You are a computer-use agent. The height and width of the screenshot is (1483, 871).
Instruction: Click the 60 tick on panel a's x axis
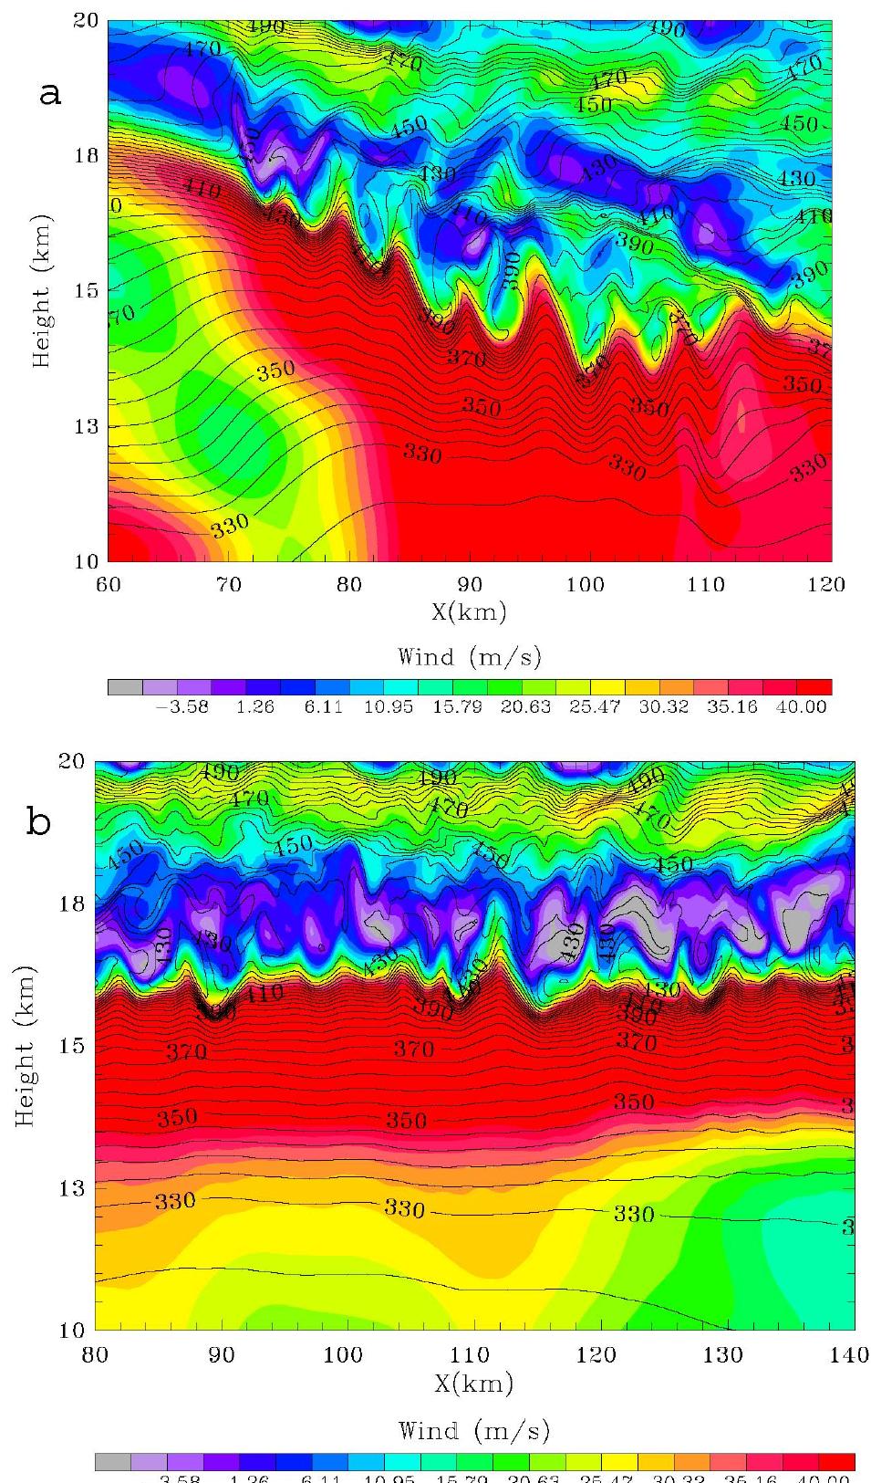tap(108, 584)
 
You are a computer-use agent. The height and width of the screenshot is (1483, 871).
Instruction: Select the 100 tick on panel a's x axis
tap(586, 584)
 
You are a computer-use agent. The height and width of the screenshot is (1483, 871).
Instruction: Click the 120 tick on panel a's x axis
tap(827, 584)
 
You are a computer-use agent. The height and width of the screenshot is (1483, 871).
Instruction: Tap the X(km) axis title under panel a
tap(469, 611)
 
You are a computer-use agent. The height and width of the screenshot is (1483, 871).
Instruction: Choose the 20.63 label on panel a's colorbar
tap(523, 707)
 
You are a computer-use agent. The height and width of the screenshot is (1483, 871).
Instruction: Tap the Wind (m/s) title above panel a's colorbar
tap(469, 656)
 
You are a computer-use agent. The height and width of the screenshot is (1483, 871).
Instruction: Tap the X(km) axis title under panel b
tap(473, 1384)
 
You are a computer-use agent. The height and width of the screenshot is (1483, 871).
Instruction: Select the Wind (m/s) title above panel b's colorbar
tap(473, 1430)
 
